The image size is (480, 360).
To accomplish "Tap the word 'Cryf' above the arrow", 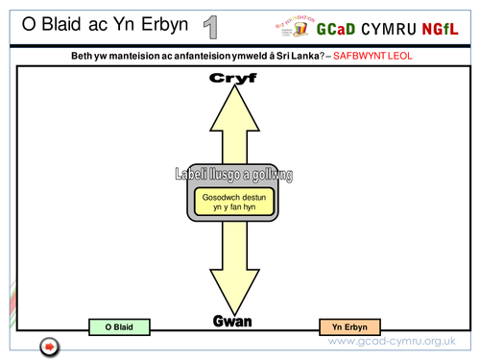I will coord(234,79).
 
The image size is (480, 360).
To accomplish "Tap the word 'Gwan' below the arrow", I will coord(231,321).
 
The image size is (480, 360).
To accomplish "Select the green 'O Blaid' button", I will coord(119,327).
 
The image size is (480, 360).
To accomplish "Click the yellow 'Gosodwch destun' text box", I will coord(234,202).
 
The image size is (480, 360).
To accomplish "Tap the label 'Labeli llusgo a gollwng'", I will coord(233,175).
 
